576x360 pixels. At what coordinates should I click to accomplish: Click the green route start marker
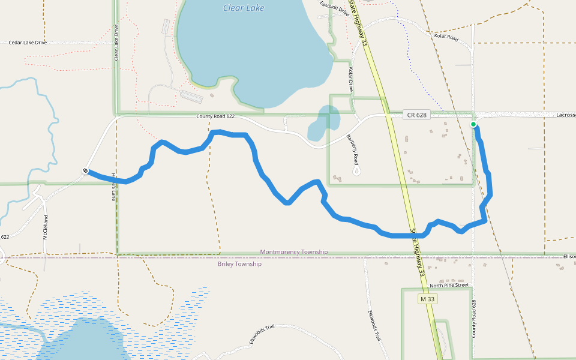(473, 125)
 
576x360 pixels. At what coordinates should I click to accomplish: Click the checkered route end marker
(86, 171)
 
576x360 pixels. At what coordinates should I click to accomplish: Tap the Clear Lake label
(243, 8)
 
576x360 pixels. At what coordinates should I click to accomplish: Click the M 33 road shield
(427, 299)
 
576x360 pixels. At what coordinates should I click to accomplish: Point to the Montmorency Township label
(294, 252)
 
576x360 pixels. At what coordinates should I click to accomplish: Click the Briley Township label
(239, 264)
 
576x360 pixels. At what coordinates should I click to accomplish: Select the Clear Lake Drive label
(116, 43)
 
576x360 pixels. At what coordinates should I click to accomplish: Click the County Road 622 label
(215, 116)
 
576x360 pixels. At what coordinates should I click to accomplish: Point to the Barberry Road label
(352, 150)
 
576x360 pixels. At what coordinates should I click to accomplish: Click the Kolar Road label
(446, 37)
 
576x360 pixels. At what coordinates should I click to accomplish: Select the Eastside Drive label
(334, 7)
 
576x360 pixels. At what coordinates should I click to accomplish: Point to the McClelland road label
(45, 227)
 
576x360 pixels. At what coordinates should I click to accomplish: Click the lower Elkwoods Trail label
(262, 335)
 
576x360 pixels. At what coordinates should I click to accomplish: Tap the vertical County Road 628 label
(474, 319)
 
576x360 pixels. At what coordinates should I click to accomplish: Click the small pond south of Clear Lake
(322, 123)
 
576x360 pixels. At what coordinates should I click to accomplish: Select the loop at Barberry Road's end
(358, 171)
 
